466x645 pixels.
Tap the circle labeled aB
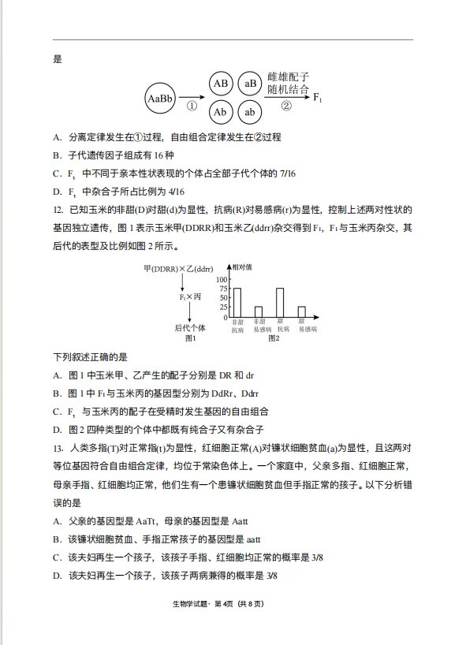pyautogui.click(x=251, y=84)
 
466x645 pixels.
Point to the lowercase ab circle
pyautogui.click(x=250, y=112)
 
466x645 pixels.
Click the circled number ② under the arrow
pyautogui.click(x=286, y=106)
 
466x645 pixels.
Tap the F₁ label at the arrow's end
pyautogui.click(x=318, y=99)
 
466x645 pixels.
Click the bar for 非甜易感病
pyautogui.click(x=259, y=312)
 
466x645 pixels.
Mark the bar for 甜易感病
pyautogui.click(x=301, y=312)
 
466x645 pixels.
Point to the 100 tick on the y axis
pyautogui.click(x=221, y=279)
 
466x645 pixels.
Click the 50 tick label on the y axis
pyautogui.click(x=222, y=298)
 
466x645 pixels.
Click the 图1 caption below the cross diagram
pyautogui.click(x=189, y=338)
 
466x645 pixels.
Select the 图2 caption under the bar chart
pyautogui.click(x=274, y=338)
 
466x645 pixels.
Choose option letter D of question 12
pyautogui.click(x=57, y=430)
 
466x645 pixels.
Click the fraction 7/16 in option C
pyautogui.click(x=282, y=173)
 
